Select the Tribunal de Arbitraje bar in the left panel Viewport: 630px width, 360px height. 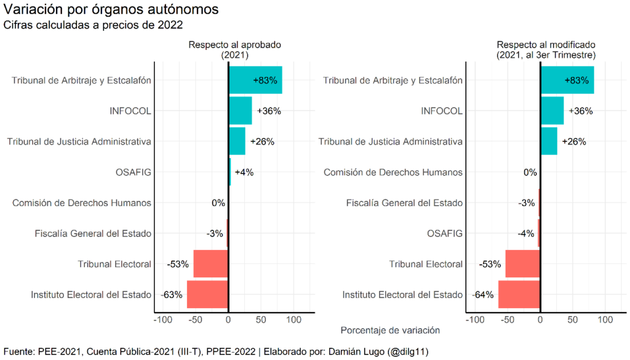pyautogui.click(x=255, y=80)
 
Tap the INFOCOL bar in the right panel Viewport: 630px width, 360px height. pyautogui.click(x=552, y=111)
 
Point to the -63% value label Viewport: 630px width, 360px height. pyautogui.click(x=172, y=295)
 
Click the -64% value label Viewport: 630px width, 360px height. pyautogui.click(x=484, y=295)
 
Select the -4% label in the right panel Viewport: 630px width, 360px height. pyautogui.click(x=526, y=233)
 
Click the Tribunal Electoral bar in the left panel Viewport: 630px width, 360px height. pyautogui.click(x=210, y=264)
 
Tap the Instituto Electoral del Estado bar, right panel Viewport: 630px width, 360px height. pyautogui.click(x=519, y=295)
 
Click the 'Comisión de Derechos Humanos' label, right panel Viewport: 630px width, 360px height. pyautogui.click(x=393, y=172)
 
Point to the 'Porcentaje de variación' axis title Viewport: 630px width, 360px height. pyautogui.click(x=390, y=330)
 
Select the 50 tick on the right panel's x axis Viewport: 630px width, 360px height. pyautogui.click(x=573, y=319)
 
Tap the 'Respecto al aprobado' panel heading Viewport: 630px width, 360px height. pyautogui.click(x=234, y=45)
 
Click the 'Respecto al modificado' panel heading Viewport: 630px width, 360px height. pyautogui.click(x=546, y=45)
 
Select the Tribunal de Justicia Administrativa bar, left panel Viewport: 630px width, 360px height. pyautogui.click(x=237, y=142)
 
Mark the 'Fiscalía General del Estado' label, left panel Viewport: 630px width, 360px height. pyautogui.click(x=93, y=233)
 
